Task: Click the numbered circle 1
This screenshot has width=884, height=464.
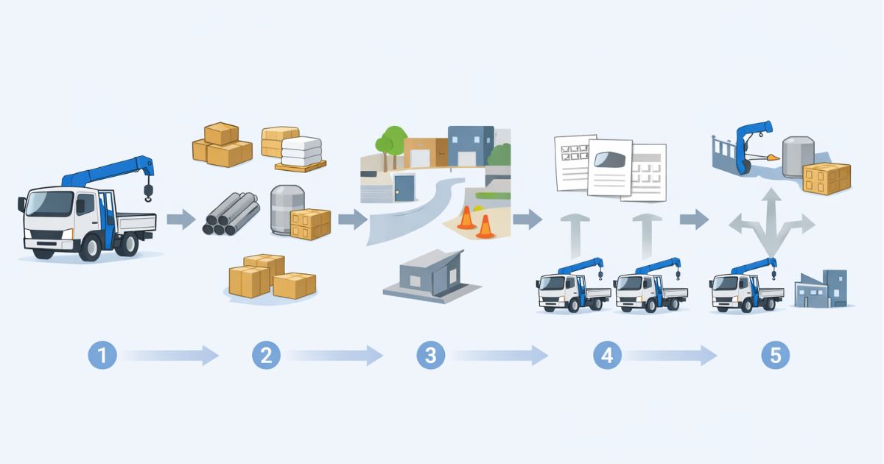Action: coord(102,356)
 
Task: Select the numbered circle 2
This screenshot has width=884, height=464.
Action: coord(266,356)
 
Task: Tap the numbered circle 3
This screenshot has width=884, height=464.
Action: coord(430,356)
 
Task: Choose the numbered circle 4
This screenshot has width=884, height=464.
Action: coord(607,356)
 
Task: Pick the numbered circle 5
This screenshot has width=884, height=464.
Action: coord(775,356)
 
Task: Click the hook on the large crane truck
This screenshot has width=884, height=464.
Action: coord(148,193)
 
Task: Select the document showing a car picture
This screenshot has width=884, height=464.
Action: coord(609,166)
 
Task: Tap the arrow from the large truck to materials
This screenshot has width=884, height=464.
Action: coord(180,219)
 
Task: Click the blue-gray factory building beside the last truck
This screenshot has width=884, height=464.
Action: coord(823,289)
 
